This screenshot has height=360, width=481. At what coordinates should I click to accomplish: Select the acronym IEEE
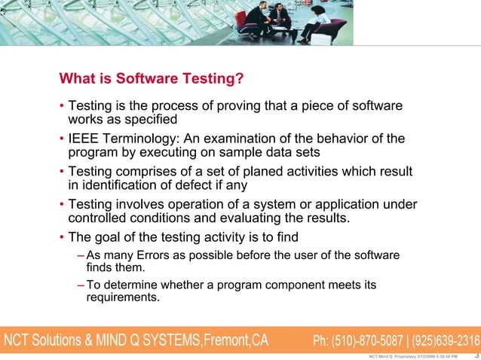[84, 139]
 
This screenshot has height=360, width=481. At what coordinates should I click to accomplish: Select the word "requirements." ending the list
[123, 297]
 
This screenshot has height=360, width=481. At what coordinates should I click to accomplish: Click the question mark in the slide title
[240, 78]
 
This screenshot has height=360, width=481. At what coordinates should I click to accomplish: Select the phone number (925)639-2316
[444, 340]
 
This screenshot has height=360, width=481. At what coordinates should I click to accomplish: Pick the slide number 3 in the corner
[475, 355]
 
